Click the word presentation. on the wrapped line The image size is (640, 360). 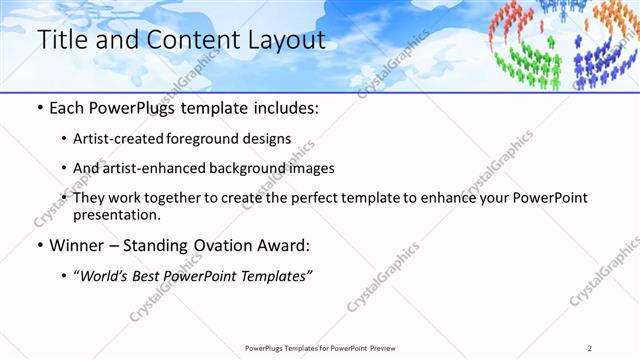tap(117, 214)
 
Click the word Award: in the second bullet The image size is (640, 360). tap(288, 245)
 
